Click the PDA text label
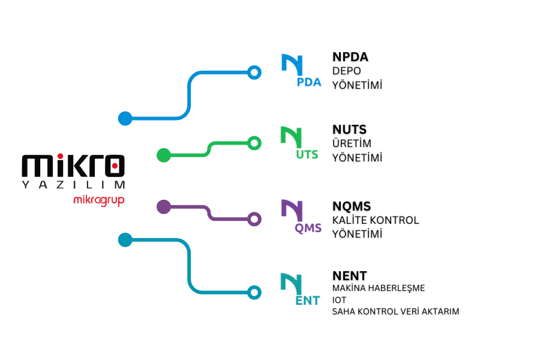click(x=309, y=82)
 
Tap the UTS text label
click(x=307, y=155)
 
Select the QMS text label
click(x=308, y=228)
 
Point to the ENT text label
click(x=307, y=301)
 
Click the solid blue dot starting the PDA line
click(x=125, y=118)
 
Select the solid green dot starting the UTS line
click(x=163, y=155)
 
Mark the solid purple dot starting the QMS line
click(x=163, y=207)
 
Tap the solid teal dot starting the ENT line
click(x=125, y=240)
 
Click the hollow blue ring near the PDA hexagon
click(x=254, y=73)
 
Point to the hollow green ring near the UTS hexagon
click(x=254, y=143)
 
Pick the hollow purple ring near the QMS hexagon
click(x=254, y=220)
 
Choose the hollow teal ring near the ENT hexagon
click(x=254, y=293)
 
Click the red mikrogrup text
click(x=98, y=200)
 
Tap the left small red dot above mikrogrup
click(x=60, y=156)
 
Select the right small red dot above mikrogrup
click(x=115, y=165)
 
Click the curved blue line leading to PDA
click(x=190, y=96)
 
